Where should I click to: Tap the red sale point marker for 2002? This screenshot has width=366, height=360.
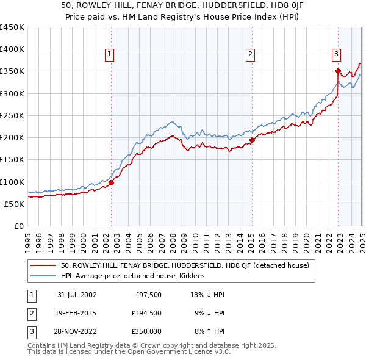tap(112, 182)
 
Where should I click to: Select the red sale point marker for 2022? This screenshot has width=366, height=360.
tap(338, 71)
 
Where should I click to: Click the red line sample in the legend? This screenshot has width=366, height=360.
tap(43, 265)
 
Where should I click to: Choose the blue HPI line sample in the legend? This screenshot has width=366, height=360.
tap(43, 276)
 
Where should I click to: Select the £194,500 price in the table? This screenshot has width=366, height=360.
tap(146, 313)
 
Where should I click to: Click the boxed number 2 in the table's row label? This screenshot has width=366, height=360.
tap(30, 313)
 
